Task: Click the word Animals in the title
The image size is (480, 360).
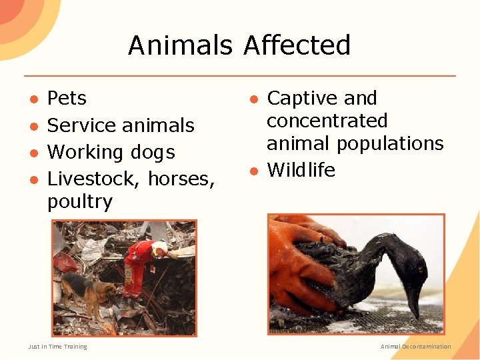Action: coord(179,45)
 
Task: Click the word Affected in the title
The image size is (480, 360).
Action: coord(297,45)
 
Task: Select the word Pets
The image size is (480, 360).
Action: coord(67,99)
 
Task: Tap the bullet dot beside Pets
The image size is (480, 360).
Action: coord(33,99)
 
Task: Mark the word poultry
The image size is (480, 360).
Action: coord(79,201)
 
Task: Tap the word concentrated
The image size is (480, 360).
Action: coord(327,121)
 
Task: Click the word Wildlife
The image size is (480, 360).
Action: coord(301,170)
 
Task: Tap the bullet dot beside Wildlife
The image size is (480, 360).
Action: coord(253,171)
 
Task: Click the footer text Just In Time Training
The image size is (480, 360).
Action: coord(57,347)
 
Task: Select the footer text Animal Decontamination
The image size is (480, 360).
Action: coord(415,347)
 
